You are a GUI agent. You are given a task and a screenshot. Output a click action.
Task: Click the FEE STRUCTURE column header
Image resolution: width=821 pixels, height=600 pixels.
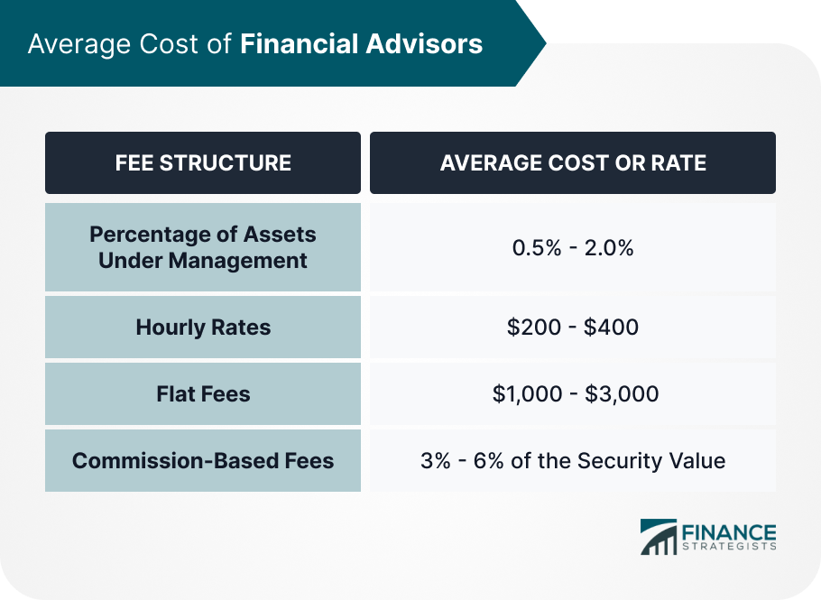(x=203, y=162)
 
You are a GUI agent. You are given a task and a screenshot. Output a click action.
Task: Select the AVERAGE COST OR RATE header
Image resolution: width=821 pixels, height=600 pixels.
(x=573, y=162)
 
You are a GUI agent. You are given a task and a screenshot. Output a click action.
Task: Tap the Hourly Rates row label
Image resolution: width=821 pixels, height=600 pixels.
(x=203, y=328)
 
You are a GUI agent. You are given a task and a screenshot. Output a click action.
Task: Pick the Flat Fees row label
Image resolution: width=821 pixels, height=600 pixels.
(x=203, y=393)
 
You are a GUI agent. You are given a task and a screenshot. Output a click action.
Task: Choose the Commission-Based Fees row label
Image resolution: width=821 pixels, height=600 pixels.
(x=203, y=461)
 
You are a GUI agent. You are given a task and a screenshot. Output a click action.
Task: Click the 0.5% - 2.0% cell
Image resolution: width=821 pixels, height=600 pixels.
(x=573, y=247)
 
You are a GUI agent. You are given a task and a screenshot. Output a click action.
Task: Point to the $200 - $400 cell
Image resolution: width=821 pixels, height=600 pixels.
(x=573, y=328)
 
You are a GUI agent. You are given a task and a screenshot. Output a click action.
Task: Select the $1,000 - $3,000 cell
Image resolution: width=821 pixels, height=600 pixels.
(x=576, y=393)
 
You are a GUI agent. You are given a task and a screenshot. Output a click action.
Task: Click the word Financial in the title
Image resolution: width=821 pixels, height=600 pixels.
(x=300, y=43)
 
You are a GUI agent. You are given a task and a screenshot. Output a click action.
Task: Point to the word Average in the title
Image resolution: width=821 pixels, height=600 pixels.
(x=79, y=44)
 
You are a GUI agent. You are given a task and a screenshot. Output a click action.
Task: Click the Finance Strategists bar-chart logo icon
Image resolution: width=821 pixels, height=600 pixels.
(x=659, y=537)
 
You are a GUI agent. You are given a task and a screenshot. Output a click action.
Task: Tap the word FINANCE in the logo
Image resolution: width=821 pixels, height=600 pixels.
(x=729, y=533)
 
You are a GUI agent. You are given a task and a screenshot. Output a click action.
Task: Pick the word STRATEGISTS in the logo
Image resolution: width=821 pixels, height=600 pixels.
(x=729, y=547)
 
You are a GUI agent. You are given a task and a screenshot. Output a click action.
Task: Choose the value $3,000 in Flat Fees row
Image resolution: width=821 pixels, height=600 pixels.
(x=622, y=393)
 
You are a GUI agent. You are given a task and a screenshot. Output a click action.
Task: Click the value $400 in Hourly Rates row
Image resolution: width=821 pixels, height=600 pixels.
(x=611, y=328)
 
